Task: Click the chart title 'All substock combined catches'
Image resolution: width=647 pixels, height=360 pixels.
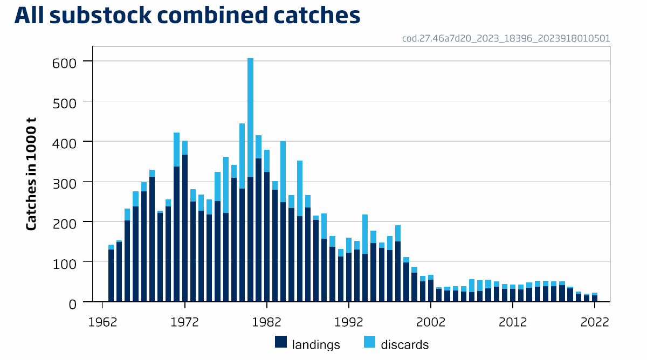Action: click(187, 16)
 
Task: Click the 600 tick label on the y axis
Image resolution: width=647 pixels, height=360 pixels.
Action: click(65, 62)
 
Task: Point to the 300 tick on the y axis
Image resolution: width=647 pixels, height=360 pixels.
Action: click(65, 183)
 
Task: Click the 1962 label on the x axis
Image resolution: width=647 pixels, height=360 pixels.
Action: click(102, 322)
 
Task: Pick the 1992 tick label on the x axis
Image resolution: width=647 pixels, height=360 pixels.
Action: click(349, 322)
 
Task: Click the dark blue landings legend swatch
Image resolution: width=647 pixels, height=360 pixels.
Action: click(280, 342)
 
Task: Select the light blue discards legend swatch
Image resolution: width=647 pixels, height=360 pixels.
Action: click(370, 342)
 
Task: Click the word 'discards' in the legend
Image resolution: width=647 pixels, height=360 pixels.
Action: click(404, 344)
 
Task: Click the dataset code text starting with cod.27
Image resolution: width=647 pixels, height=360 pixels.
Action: click(506, 39)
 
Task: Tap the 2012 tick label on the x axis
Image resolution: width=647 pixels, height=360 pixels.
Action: click(513, 322)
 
